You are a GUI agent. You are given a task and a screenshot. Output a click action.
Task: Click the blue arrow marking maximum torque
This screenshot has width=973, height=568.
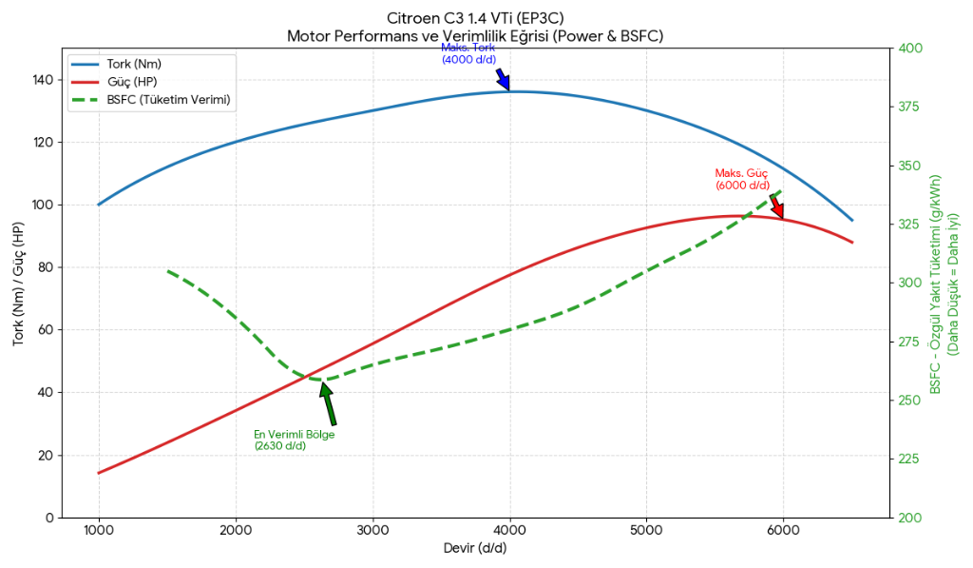tap(504, 80)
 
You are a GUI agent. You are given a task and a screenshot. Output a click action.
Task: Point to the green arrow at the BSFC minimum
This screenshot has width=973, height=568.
tap(329, 403)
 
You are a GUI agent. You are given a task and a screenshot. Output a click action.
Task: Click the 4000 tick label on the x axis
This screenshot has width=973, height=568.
tap(509, 530)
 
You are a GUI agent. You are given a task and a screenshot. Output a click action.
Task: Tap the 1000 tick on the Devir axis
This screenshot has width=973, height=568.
tap(99, 530)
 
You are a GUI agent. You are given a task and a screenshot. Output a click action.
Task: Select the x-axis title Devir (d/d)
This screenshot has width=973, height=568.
tap(475, 549)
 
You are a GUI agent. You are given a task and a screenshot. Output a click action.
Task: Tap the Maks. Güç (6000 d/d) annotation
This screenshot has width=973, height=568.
tap(741, 179)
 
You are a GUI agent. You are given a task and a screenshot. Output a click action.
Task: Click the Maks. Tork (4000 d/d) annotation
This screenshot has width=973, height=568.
tap(468, 53)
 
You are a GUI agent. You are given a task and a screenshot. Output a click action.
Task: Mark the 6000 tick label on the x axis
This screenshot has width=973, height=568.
tap(783, 530)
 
